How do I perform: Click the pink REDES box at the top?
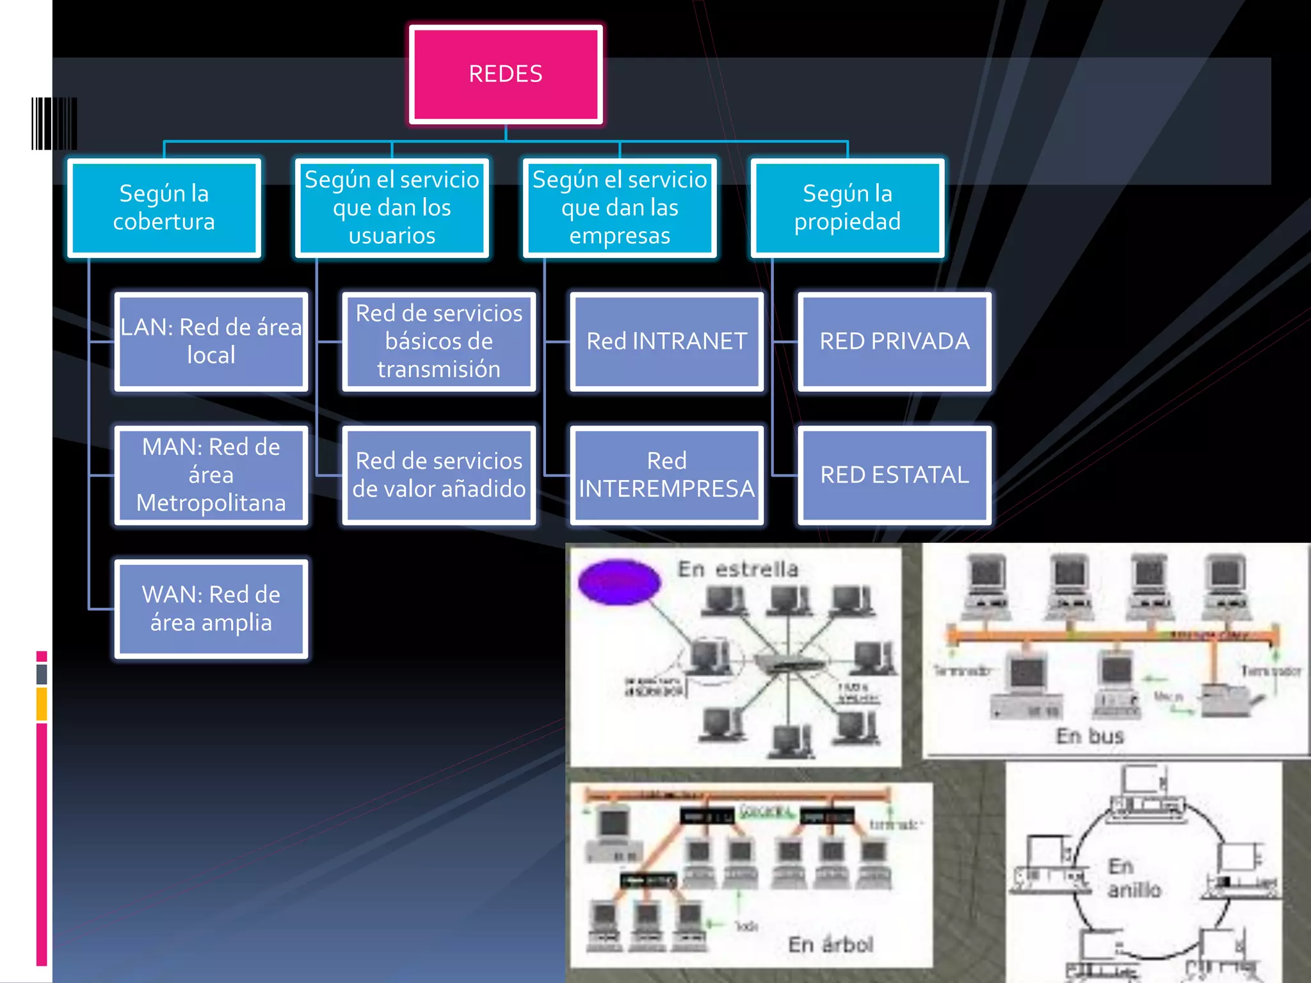coord(506,74)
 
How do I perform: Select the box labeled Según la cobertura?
coord(164,208)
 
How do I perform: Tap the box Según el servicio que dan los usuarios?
coord(392,208)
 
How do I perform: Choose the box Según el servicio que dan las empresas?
coord(620,208)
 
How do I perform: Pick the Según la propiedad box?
coord(848,208)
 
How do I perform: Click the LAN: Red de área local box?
coord(211,342)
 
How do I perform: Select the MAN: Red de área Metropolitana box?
coord(211,476)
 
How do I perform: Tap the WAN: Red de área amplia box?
coord(211,609)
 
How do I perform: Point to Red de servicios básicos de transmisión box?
coord(439,342)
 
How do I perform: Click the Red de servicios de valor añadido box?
coord(439,476)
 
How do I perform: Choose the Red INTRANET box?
coord(667,342)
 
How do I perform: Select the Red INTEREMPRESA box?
coord(667,476)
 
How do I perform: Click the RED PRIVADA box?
coord(895,342)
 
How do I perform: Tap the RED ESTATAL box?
coord(895,476)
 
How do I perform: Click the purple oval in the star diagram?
coord(619,582)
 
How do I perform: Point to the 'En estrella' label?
coord(738,569)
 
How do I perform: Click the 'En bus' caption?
coord(1090,736)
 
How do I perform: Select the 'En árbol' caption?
coord(830,945)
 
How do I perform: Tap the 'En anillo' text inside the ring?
coord(1133,878)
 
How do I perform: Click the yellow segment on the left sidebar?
coord(42,703)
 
